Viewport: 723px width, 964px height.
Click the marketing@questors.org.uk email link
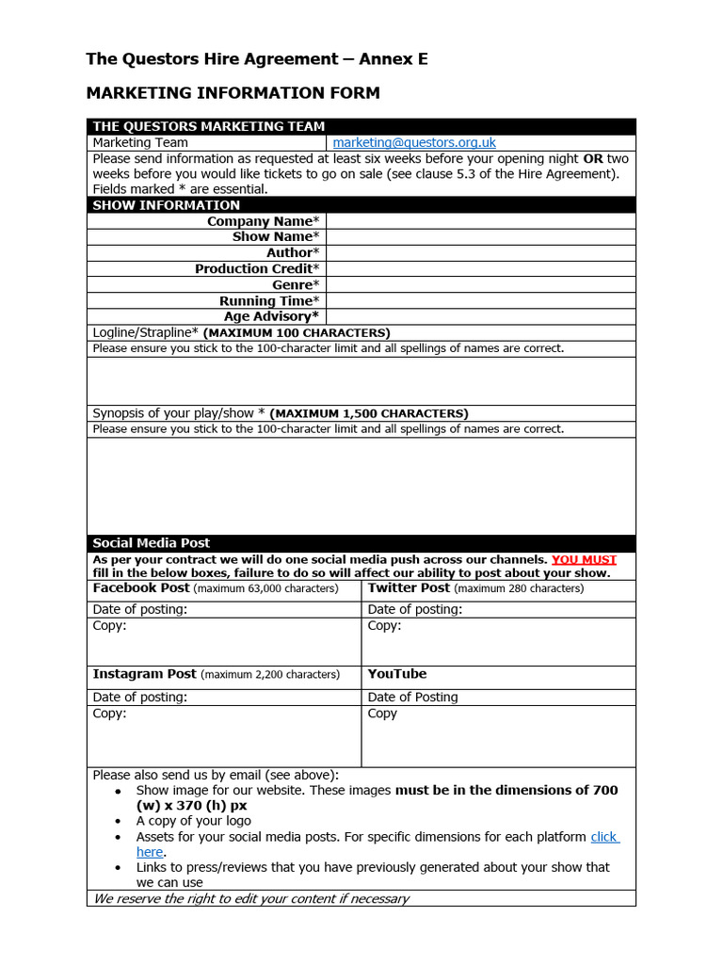tap(414, 142)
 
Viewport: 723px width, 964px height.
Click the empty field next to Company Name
tap(480, 221)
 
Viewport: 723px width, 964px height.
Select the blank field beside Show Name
tap(480, 237)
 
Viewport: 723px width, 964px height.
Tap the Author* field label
tap(293, 252)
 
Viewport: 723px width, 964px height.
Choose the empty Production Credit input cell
tap(480, 268)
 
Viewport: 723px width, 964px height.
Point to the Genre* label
tap(296, 284)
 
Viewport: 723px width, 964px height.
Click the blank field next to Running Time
tap(480, 300)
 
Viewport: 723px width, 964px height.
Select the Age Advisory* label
tap(271, 316)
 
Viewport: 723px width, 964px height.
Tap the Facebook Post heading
tap(141, 587)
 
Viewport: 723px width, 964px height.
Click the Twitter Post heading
tap(409, 587)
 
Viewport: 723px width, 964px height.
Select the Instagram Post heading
tap(144, 674)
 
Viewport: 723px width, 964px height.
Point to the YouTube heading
tap(397, 674)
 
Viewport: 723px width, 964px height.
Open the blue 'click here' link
tap(604, 837)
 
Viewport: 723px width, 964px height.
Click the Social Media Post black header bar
tap(361, 543)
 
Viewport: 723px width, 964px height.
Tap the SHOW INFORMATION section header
tap(361, 205)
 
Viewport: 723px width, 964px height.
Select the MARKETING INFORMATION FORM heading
tap(233, 92)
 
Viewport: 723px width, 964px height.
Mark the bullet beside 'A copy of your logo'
tap(118, 821)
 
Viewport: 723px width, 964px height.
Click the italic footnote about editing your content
tap(250, 898)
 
